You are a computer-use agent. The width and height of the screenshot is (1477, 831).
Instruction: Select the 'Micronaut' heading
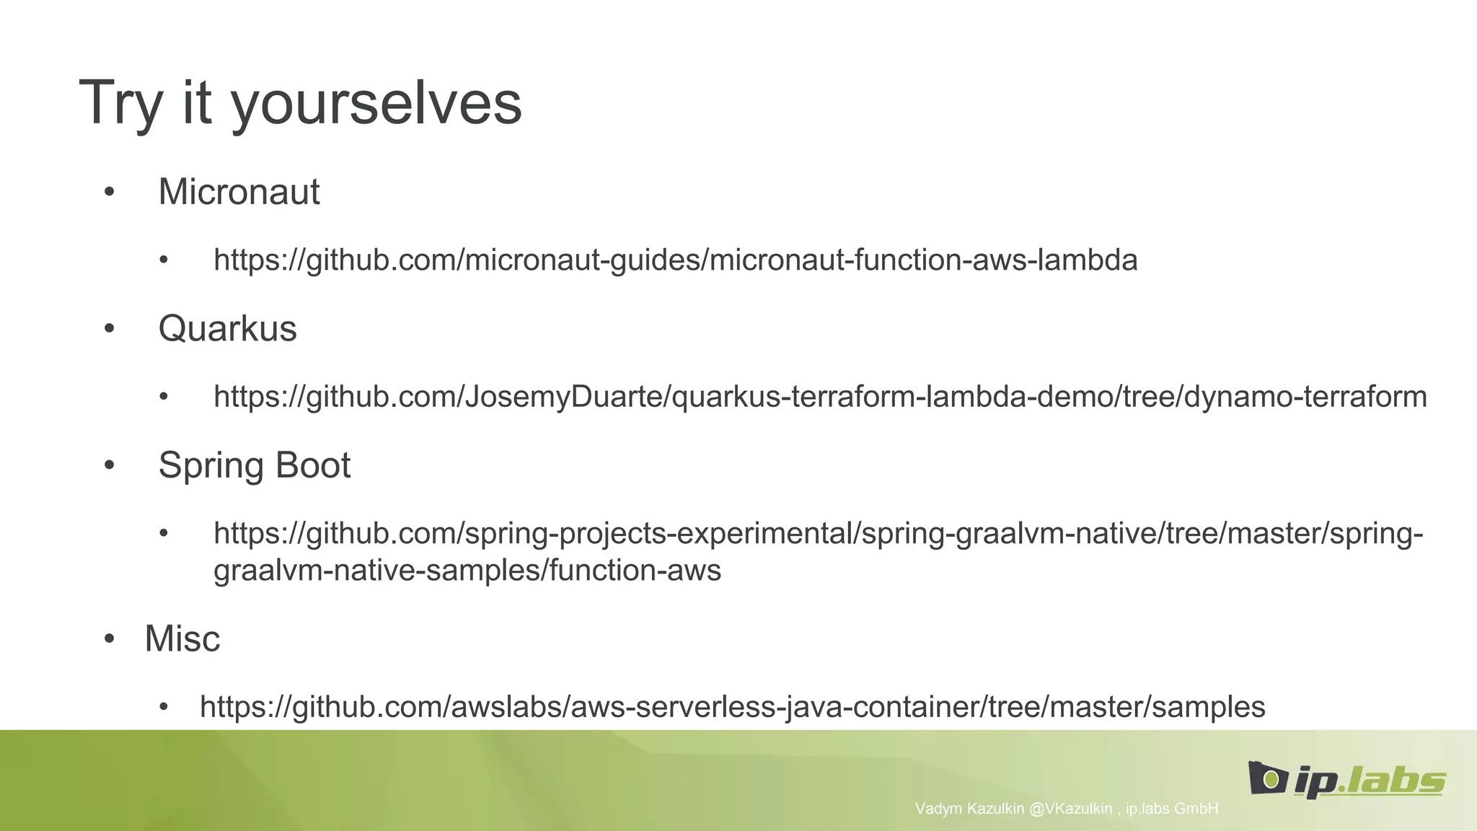coord(239,192)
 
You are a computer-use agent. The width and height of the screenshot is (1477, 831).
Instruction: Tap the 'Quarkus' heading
coord(227,329)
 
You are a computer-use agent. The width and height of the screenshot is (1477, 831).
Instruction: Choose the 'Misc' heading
coord(182,638)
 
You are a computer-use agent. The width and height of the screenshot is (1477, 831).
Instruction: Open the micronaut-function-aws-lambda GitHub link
coord(675,260)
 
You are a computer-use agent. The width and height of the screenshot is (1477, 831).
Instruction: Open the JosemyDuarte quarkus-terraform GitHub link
coord(820,397)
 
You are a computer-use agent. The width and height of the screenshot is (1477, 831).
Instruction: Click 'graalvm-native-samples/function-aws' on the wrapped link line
coord(467,571)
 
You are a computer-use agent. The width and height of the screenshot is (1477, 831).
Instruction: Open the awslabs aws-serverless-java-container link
coord(732,707)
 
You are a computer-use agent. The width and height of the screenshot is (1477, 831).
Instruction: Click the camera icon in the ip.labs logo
coord(1267,778)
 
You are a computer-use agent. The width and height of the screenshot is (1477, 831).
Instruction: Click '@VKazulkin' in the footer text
coord(1070,809)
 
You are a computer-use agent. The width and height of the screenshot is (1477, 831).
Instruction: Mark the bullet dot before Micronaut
coord(109,192)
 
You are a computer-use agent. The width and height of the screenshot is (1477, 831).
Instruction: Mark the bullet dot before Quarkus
coord(109,329)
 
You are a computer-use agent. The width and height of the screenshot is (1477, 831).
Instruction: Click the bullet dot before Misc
coord(109,638)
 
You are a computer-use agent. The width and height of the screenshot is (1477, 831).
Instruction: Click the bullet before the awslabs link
coord(164,707)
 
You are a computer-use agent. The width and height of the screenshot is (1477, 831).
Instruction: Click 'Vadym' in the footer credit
coord(938,809)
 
